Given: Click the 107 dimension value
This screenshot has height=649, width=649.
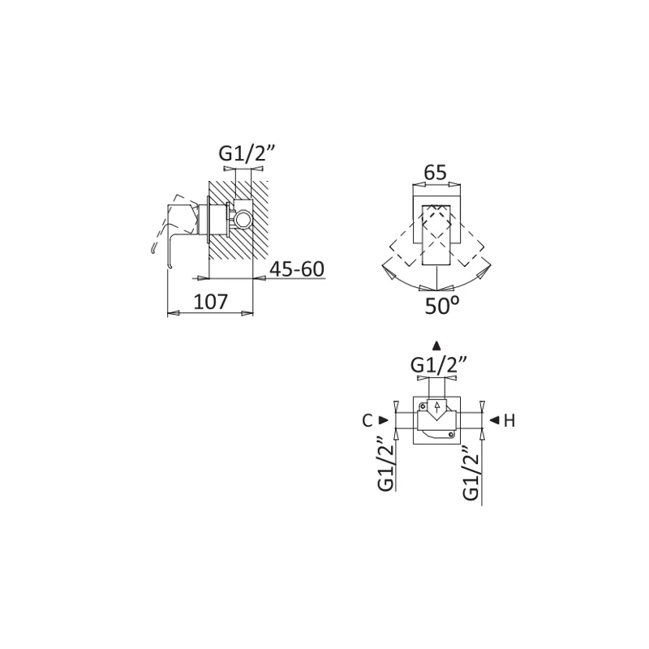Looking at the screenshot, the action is click(211, 302).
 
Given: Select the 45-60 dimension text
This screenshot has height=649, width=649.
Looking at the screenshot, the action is click(297, 269).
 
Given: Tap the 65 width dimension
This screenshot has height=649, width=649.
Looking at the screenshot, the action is click(436, 172).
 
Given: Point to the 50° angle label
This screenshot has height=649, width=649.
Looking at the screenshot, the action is click(441, 306).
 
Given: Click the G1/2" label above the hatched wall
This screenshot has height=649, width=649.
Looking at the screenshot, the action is click(247, 154).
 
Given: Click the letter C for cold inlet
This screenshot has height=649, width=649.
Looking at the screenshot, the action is click(367, 420).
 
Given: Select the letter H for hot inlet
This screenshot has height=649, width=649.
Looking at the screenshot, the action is click(509, 420).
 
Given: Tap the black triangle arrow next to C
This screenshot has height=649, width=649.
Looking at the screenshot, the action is click(384, 420).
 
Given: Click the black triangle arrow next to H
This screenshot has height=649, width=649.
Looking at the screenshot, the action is click(494, 420).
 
